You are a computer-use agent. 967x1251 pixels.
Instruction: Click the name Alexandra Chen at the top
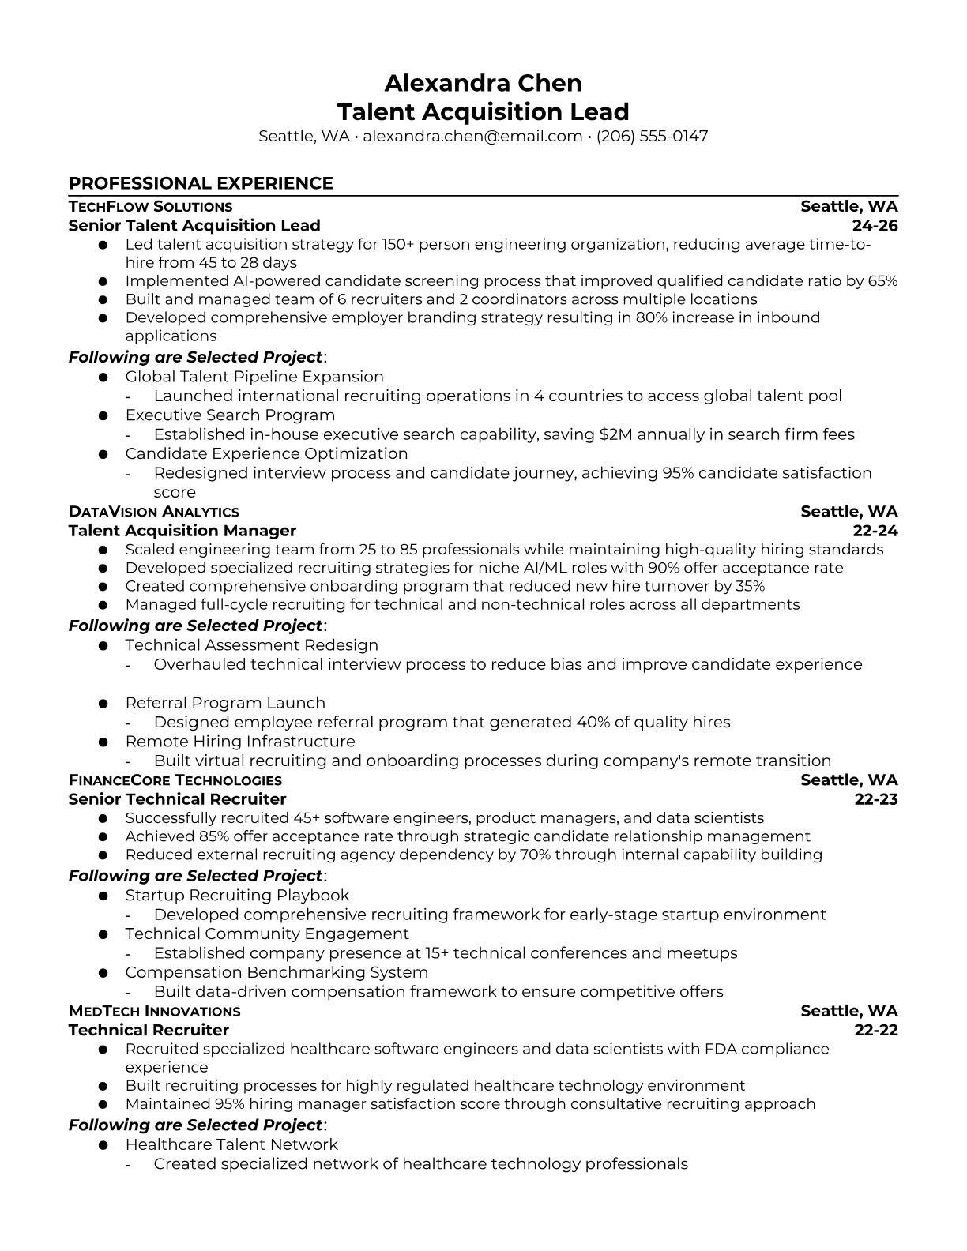483,83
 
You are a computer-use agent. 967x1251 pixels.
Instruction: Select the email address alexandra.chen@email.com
472,136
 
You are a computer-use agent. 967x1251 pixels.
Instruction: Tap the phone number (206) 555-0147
652,136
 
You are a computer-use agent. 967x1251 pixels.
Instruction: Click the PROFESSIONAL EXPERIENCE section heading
201,183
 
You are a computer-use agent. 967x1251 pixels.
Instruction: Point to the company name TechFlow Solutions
150,207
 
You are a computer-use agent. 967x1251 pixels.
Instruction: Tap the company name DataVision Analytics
153,512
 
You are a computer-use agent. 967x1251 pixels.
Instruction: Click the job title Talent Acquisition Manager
182,531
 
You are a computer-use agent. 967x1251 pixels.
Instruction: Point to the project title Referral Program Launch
225,703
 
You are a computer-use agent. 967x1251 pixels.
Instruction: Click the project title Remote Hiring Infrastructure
240,742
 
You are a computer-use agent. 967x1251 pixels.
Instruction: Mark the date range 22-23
876,799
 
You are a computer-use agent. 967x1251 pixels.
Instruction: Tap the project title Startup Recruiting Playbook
237,896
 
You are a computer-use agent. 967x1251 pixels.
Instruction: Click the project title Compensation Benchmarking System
277,973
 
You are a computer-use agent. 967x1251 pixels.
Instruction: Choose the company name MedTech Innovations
154,1012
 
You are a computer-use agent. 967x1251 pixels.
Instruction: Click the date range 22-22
876,1031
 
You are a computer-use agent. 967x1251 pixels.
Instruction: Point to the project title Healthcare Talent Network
231,1145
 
